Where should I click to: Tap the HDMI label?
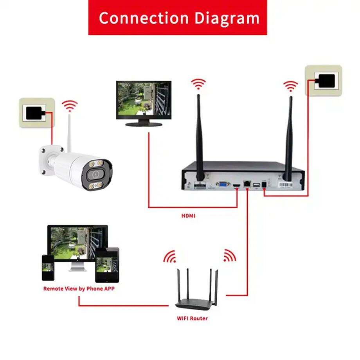coord(188,216)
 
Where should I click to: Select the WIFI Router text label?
coord(192,318)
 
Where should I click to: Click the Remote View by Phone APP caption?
coord(79,289)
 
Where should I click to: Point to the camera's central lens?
coord(94,174)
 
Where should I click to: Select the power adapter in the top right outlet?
coord(325,81)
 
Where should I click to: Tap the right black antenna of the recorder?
coord(290,137)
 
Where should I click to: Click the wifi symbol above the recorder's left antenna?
coord(198,83)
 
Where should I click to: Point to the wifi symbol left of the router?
coord(170,257)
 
